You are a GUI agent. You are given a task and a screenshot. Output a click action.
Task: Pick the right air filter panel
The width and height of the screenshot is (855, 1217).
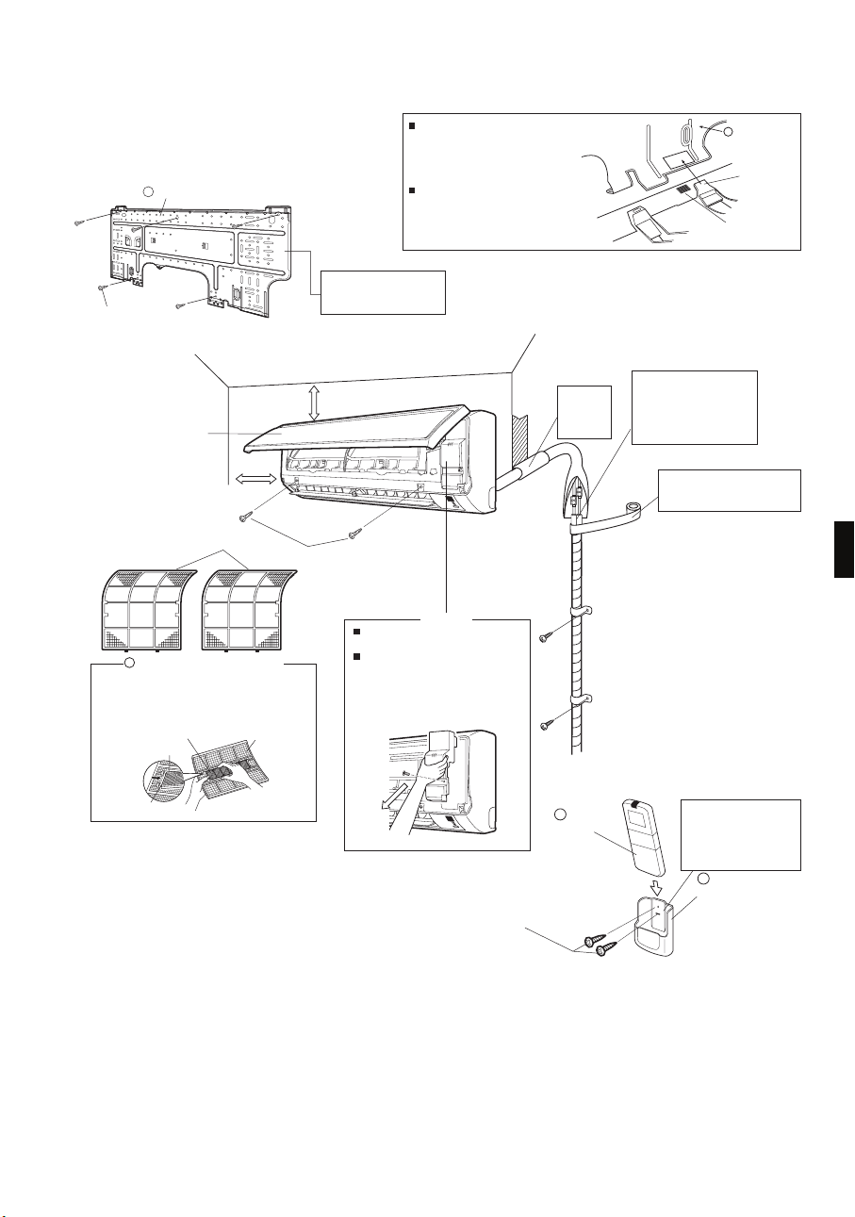pos(249,605)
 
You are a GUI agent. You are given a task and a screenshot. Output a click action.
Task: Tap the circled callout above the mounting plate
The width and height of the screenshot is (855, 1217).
pos(148,192)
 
